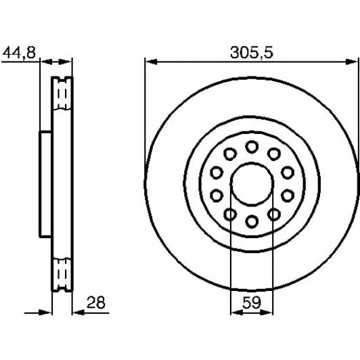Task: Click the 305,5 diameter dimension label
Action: coord(251,52)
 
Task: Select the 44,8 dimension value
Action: coord(20,52)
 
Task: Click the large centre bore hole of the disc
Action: coord(252,183)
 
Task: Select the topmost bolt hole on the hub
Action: coord(252,146)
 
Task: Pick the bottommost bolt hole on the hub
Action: coord(252,221)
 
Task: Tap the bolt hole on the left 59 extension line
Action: coord(230,215)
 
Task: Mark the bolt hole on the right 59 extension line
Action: coord(274,215)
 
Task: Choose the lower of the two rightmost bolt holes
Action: coord(287,196)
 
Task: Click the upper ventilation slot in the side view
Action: coord(63,93)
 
